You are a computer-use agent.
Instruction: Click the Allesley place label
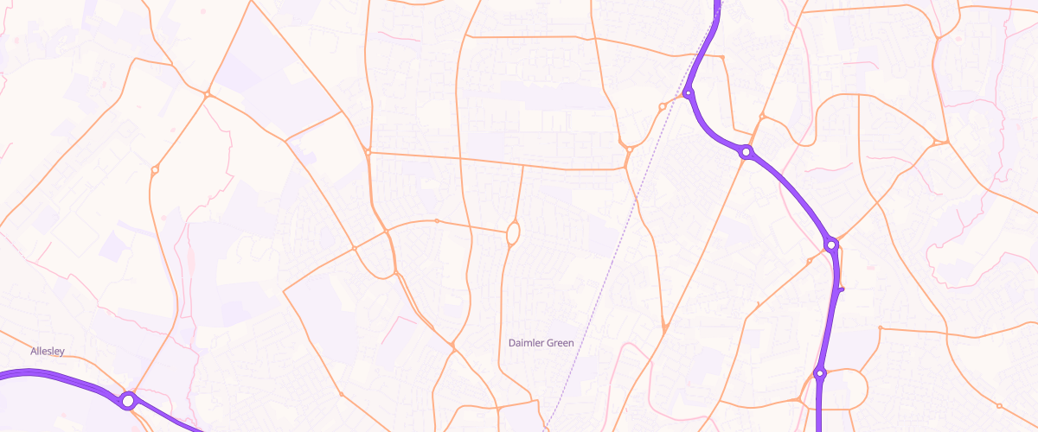click(x=48, y=351)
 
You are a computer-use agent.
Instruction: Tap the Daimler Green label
click(x=541, y=343)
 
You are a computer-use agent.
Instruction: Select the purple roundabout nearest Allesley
click(x=128, y=401)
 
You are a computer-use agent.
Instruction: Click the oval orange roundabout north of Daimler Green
click(x=513, y=232)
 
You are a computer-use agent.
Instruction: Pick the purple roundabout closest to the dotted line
click(x=689, y=93)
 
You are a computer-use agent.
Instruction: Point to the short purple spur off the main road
click(x=841, y=290)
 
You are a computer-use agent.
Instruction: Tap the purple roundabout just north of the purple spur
click(x=831, y=245)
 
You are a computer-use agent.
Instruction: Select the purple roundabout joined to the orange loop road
click(x=820, y=374)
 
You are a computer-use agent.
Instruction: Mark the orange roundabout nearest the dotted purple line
click(x=662, y=106)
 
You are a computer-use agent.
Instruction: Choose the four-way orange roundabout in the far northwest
click(x=208, y=94)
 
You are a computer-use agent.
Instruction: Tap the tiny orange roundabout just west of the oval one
click(x=437, y=221)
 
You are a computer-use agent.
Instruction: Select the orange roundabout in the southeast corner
click(x=999, y=406)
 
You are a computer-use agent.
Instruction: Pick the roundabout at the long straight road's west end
click(x=368, y=153)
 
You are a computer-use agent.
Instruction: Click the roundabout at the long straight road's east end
click(x=629, y=149)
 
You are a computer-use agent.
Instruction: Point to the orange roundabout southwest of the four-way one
click(x=155, y=170)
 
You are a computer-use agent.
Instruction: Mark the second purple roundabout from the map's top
click(x=746, y=152)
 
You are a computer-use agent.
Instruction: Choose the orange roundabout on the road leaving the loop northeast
click(x=880, y=328)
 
